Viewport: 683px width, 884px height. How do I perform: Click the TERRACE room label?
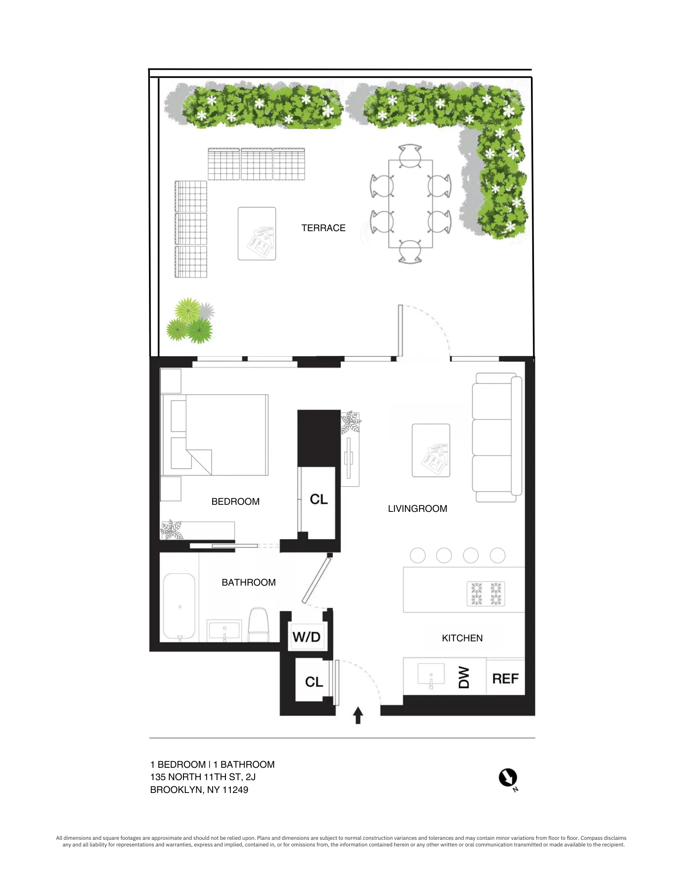[x=323, y=228]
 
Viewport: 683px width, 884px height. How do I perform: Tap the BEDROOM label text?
[x=235, y=502]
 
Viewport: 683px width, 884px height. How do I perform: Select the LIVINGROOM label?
[x=417, y=509]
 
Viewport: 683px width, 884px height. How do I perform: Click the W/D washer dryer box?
[x=306, y=637]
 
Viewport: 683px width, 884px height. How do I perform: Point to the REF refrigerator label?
[x=505, y=679]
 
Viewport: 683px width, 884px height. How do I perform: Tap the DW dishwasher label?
[x=463, y=677]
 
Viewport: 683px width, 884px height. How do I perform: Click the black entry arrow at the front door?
[x=358, y=715]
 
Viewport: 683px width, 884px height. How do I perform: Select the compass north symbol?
[x=508, y=778]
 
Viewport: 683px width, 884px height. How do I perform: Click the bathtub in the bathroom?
[x=179, y=606]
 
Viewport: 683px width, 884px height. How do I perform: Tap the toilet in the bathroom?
[x=259, y=624]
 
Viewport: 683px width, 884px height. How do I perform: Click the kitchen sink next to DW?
[x=431, y=675]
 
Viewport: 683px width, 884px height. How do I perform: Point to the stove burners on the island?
[x=486, y=594]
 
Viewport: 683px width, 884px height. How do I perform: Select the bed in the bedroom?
[x=215, y=435]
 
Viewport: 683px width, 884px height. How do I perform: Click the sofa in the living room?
[x=496, y=437]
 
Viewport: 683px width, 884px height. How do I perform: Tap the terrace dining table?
[x=410, y=204]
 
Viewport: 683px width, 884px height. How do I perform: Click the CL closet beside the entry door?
[x=314, y=682]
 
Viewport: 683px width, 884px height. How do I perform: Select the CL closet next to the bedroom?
[x=318, y=499]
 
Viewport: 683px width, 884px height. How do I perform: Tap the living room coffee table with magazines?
[x=431, y=450]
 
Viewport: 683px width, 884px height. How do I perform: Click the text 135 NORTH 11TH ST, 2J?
[x=203, y=777]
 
